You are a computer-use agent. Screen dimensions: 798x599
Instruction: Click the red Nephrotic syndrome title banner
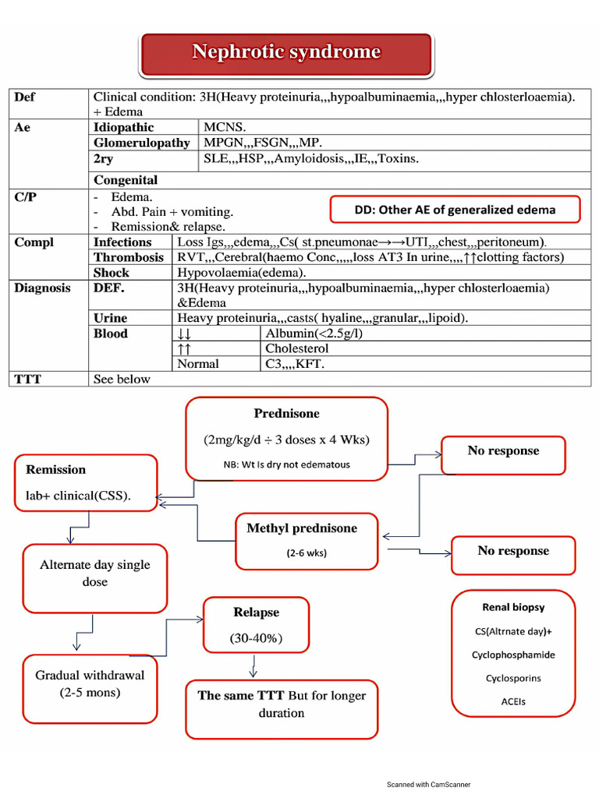[286, 54]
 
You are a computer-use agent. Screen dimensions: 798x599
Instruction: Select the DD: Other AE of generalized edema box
[455, 210]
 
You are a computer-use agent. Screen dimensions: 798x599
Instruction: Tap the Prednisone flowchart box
[286, 438]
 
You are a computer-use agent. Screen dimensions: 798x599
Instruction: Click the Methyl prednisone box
[302, 540]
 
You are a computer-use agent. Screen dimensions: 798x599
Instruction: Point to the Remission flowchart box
[86, 482]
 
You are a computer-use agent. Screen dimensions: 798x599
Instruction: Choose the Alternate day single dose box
[94, 578]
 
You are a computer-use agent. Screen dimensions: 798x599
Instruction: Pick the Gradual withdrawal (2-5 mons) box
[90, 688]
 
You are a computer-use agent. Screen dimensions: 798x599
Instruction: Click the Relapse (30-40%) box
[256, 625]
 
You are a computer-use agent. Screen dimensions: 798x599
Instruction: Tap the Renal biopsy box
[512, 653]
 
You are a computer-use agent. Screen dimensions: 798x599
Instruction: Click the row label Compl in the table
[34, 242]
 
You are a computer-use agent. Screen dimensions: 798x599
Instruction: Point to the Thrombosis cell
[129, 257]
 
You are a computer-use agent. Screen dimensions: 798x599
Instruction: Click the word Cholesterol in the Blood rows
[297, 348]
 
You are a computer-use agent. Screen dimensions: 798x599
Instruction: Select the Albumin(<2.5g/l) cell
[314, 334]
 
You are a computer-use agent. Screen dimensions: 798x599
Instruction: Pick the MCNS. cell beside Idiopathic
[225, 127]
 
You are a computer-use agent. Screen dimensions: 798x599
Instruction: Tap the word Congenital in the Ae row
[126, 180]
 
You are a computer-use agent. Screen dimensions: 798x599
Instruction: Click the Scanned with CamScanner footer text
[428, 785]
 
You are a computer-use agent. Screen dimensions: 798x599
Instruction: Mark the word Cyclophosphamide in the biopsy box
[513, 655]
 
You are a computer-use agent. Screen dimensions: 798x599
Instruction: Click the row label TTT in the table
[28, 379]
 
